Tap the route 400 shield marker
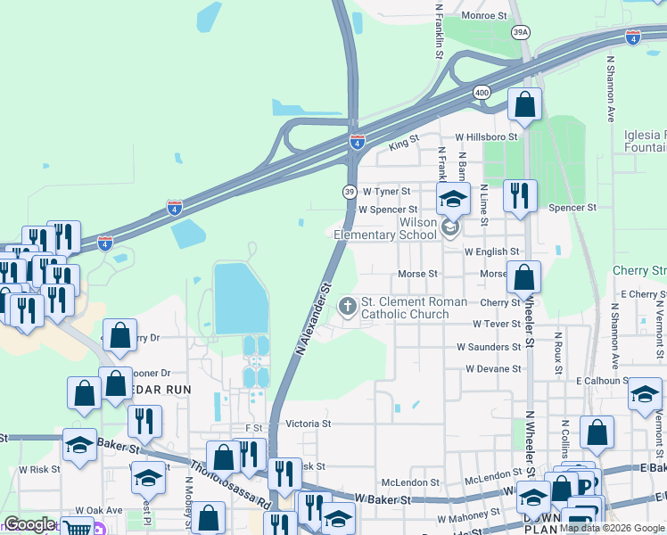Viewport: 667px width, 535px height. (x=482, y=92)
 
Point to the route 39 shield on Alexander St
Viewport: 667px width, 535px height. (x=350, y=192)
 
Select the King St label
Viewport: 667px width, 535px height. (x=404, y=142)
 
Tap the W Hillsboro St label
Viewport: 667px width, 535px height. (x=486, y=137)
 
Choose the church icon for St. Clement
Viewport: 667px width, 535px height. (x=347, y=308)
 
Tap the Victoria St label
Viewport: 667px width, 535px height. (x=307, y=424)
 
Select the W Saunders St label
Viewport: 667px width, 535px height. (x=489, y=347)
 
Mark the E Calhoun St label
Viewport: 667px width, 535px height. (x=603, y=381)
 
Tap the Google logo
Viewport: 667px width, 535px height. (x=29, y=524)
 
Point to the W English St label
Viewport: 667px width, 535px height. (x=492, y=252)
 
